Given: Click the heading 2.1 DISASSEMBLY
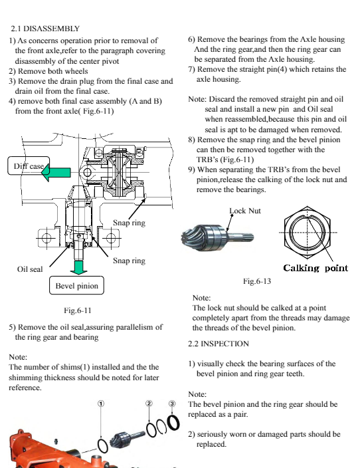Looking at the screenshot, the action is [x=45, y=29].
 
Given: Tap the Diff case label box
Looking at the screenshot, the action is [x=29, y=166].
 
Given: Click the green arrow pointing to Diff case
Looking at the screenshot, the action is [x=56, y=172].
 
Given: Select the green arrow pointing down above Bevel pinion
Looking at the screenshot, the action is [x=79, y=267].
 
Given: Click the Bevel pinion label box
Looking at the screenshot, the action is [x=76, y=286].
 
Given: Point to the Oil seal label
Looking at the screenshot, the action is [x=30, y=269].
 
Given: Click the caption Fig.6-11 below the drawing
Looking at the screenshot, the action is [x=78, y=310].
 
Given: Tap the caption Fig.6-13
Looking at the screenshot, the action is [x=257, y=281].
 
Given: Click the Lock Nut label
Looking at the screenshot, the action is [x=245, y=211].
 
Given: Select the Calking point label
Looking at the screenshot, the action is [x=315, y=268].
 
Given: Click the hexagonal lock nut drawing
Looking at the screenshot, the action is [x=308, y=232].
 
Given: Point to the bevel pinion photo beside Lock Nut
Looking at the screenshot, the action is [x=217, y=237].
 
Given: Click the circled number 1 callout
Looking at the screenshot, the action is [x=101, y=404].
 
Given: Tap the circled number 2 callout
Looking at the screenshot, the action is [x=149, y=404].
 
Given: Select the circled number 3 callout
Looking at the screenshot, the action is [x=172, y=404].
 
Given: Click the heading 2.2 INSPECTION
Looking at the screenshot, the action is [x=219, y=344].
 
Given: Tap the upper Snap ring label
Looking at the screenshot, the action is [x=129, y=223].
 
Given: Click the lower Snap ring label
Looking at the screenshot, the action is [x=129, y=261].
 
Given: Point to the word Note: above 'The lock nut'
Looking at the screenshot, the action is [x=202, y=298].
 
